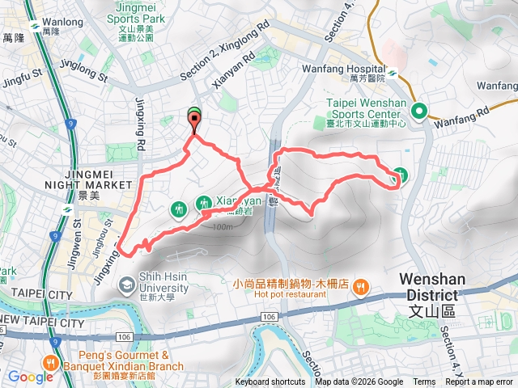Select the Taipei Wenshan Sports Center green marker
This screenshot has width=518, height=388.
click(x=418, y=111)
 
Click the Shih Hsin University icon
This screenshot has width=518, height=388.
click(x=126, y=285)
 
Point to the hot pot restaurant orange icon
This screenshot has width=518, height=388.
click(x=362, y=285)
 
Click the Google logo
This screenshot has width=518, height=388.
click(x=30, y=377)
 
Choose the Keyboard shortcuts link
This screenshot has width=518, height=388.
click(x=270, y=382)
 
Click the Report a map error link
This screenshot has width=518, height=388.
click(x=482, y=382)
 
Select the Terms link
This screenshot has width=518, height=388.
click(x=424, y=382)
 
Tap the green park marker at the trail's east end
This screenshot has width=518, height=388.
click(x=400, y=175)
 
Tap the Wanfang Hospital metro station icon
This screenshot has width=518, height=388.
click(x=393, y=72)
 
